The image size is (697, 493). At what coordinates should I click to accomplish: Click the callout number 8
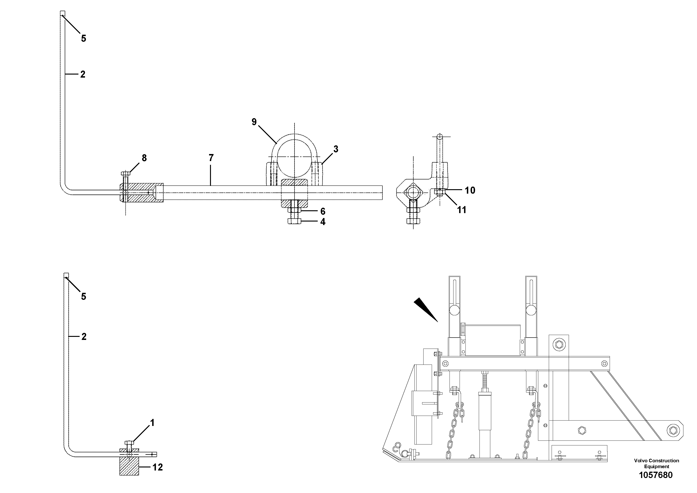pyautogui.click(x=144, y=158)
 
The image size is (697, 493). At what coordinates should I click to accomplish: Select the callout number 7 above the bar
pyautogui.click(x=211, y=158)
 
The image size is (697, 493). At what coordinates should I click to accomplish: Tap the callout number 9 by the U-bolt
pyautogui.click(x=254, y=122)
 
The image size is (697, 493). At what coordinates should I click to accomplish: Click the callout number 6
pyautogui.click(x=323, y=211)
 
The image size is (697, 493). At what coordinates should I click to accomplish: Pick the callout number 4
pyautogui.click(x=323, y=222)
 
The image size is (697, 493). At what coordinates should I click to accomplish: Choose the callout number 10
pyautogui.click(x=470, y=190)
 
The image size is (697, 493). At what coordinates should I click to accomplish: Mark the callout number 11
pyautogui.click(x=461, y=210)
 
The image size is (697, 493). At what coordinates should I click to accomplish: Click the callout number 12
pyautogui.click(x=158, y=467)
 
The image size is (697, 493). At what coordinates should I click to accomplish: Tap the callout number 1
pyautogui.click(x=152, y=423)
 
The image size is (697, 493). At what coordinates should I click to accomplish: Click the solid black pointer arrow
pyautogui.click(x=425, y=309)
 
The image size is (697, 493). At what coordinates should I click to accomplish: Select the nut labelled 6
pyautogui.click(x=294, y=211)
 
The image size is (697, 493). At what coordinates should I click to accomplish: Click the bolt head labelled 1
pyautogui.click(x=129, y=443)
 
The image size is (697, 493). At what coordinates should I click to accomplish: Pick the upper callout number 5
pyautogui.click(x=84, y=39)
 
